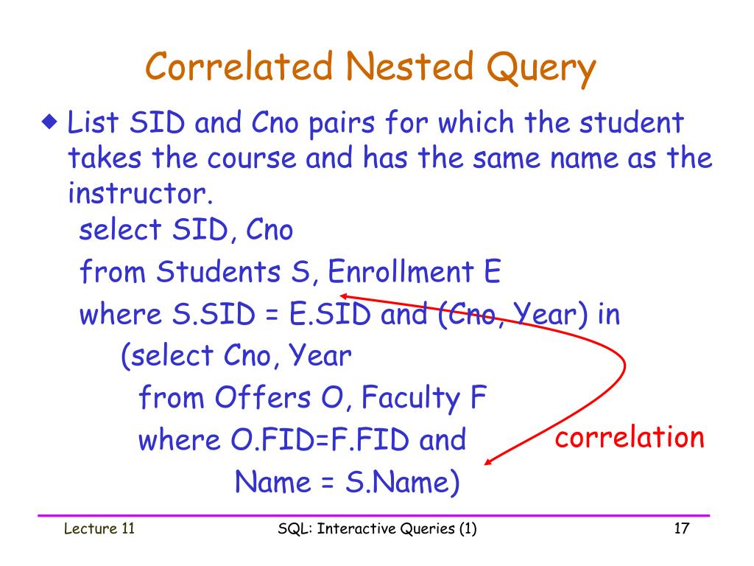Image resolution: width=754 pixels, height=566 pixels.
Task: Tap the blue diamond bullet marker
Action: click(49, 121)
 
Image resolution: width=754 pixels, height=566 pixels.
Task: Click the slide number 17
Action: click(680, 528)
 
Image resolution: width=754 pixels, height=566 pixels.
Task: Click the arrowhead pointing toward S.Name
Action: click(488, 462)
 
